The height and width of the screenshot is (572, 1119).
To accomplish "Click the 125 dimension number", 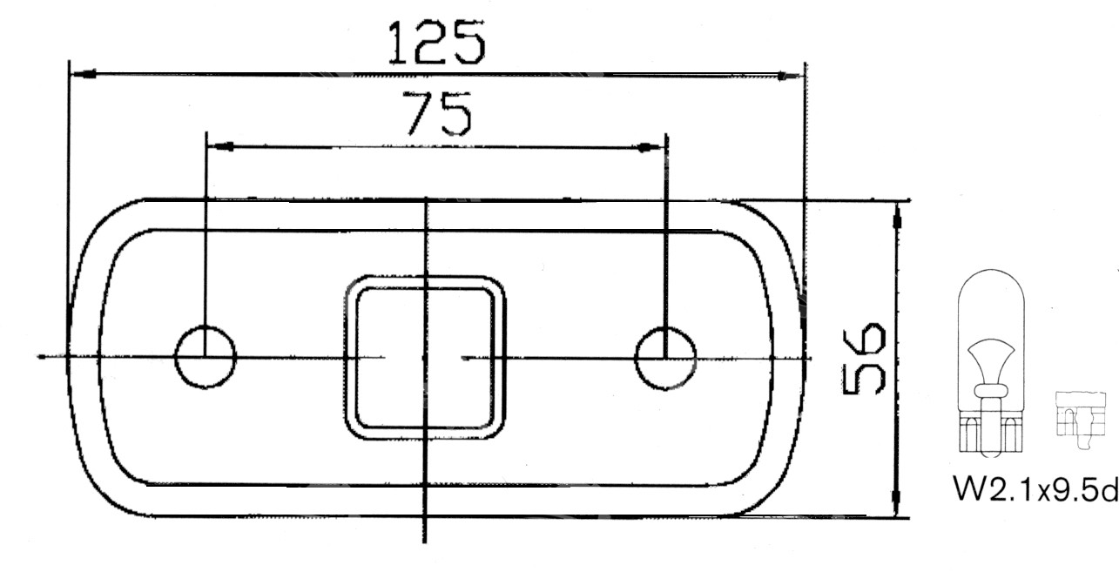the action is pos(436,43).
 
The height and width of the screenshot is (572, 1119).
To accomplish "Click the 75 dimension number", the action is pos(437,114).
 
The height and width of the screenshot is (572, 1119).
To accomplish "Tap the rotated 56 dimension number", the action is pos(864,359).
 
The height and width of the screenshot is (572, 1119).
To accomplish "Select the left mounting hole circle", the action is pos(175,358).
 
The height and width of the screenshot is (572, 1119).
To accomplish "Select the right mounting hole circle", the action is pos(636,359).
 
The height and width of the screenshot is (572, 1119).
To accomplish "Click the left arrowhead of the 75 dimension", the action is pos(221,147).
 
